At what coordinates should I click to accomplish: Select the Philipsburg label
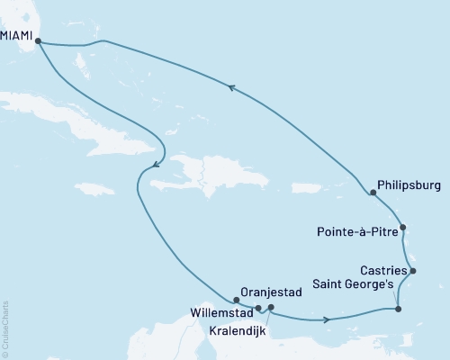pos(409,188)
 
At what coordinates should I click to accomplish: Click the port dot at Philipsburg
pos(373,193)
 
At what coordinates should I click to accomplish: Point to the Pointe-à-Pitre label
pos(355,231)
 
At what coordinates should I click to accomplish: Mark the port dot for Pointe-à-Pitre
pos(403,228)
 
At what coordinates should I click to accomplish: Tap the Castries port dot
pos(412,271)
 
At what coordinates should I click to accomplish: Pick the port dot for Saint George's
pos(398,310)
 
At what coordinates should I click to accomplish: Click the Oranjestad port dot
pos(236,301)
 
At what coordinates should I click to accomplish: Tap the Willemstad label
pos(220,313)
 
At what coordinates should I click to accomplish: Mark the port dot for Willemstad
pos(258,308)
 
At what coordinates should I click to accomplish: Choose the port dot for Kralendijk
pos(271,308)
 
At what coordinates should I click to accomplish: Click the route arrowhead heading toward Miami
pos(232,87)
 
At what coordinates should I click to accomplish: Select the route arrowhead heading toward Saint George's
pos(326,319)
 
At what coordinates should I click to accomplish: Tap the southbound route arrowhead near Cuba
pos(155,164)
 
